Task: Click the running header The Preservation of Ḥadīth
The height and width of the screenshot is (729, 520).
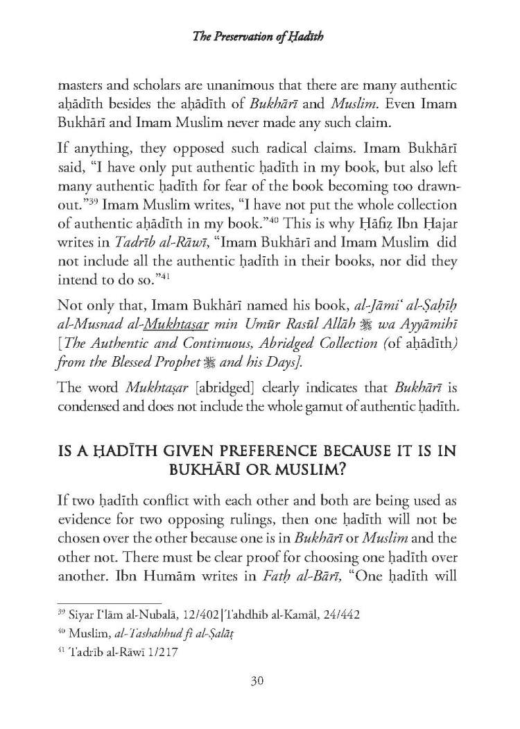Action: click(259, 37)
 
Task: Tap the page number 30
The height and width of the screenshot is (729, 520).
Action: click(259, 681)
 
